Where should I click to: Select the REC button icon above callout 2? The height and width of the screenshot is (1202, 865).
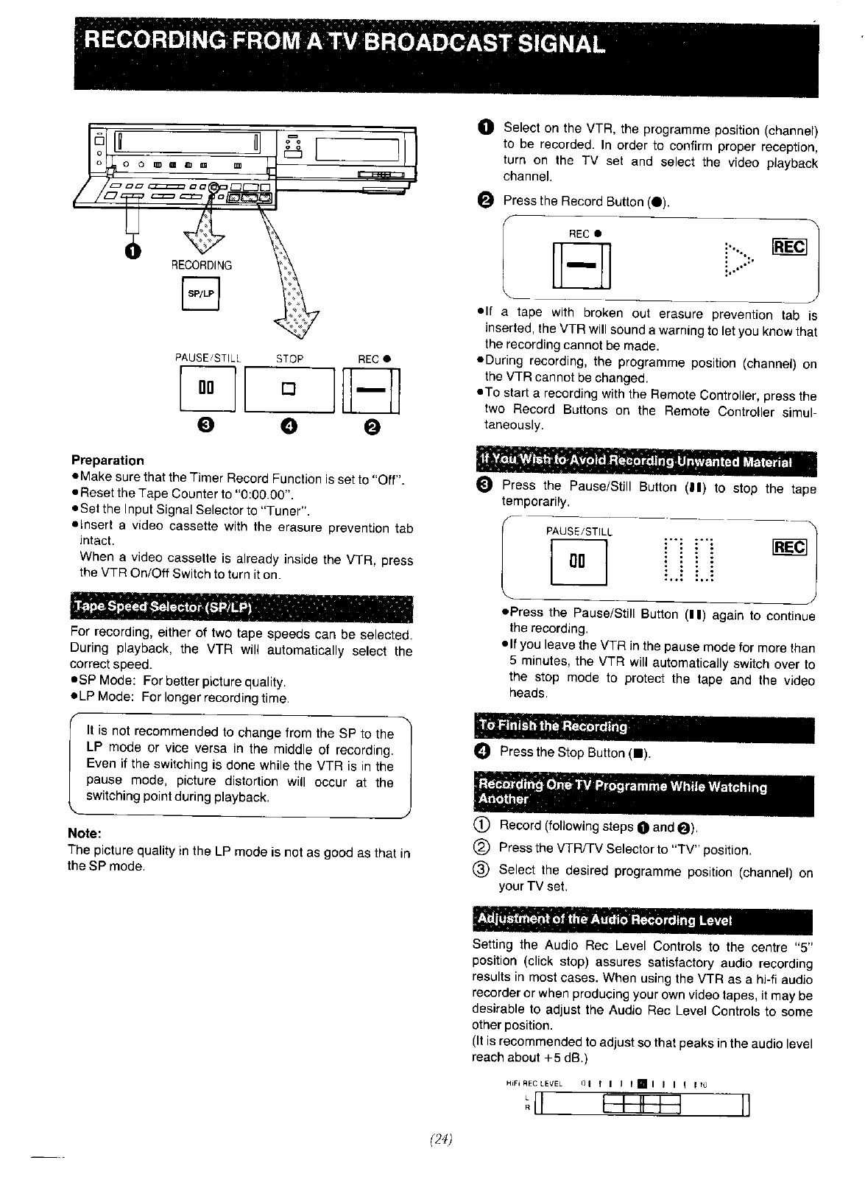click(x=372, y=390)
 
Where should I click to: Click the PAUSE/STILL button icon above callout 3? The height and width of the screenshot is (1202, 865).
click(x=207, y=390)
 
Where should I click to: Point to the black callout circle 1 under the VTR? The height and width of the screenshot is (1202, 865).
click(x=131, y=252)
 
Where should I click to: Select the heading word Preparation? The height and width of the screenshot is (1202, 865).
click(x=107, y=460)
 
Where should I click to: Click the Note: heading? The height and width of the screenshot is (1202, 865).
click(x=83, y=833)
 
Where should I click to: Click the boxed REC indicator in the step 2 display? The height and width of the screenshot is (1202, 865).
click(x=789, y=248)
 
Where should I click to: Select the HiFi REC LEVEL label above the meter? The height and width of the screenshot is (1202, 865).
click(x=534, y=1083)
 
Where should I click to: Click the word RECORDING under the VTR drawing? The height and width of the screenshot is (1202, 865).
click(x=201, y=265)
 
